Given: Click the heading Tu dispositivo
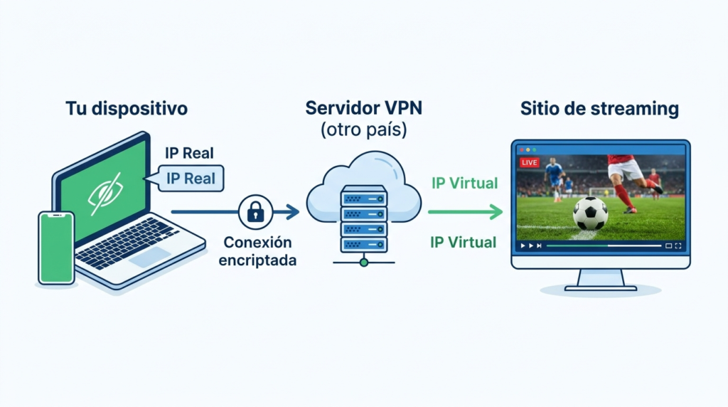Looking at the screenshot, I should click(127, 109).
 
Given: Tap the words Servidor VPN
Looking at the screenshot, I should click(363, 108).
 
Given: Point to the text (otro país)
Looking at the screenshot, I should click(363, 131).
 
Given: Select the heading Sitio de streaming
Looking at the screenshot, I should click(599, 109).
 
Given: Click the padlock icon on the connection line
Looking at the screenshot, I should click(255, 211).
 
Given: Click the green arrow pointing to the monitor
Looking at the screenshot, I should click(466, 211).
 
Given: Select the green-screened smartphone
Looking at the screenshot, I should click(56, 248).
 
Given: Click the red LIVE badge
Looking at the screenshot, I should click(529, 162).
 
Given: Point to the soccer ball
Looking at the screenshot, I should click(590, 213).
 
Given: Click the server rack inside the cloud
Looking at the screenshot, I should click(363, 219).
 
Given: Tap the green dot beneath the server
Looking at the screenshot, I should click(364, 263).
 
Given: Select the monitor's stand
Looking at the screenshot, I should click(600, 280).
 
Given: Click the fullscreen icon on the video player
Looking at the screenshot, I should click(678, 245).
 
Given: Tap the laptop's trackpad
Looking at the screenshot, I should click(150, 257).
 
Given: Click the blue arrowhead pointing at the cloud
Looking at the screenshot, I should click(291, 211).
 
